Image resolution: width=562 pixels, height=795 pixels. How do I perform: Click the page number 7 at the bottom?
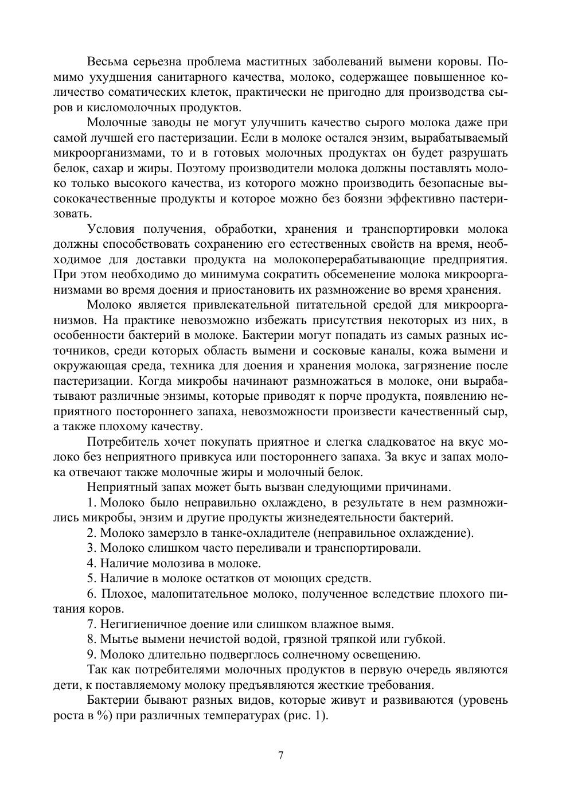pos(281,755)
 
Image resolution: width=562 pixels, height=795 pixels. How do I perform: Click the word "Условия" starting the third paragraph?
pos(111,229)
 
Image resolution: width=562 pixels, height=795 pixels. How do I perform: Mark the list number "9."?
pos(92,654)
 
